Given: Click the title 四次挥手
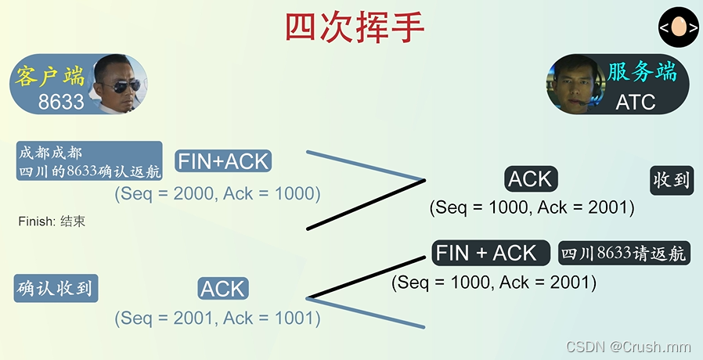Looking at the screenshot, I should [x=354, y=28].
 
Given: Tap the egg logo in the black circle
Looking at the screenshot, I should [x=677, y=29].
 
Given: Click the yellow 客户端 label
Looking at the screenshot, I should [x=49, y=77].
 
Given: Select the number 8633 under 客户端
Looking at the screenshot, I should [x=61, y=102].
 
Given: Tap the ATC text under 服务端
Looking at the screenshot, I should [x=635, y=102].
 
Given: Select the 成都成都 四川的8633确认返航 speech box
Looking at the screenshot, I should [x=88, y=161].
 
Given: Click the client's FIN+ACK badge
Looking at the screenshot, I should [x=223, y=162].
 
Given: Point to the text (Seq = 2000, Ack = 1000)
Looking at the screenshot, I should [x=218, y=193].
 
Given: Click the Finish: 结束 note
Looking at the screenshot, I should [x=52, y=221].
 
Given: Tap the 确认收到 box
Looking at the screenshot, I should [x=55, y=288].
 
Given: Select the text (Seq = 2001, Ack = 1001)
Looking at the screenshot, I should [x=218, y=318].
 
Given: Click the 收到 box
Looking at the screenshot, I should [x=671, y=180].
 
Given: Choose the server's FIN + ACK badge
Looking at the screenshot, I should [x=486, y=253].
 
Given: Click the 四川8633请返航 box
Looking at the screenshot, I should [x=624, y=253].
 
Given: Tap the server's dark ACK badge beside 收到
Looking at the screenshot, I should [x=530, y=179].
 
